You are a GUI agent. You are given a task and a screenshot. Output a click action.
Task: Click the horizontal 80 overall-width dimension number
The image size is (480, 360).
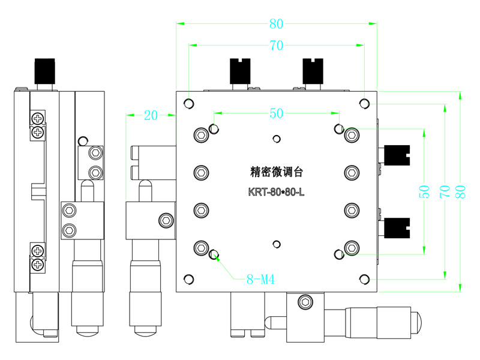(x=276, y=24)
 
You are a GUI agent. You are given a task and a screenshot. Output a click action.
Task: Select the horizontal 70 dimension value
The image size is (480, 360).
(x=276, y=46)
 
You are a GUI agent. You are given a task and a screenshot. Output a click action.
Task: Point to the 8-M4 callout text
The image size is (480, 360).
(x=260, y=279)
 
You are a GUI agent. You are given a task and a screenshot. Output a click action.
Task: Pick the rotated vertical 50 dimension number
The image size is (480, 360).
(x=425, y=191)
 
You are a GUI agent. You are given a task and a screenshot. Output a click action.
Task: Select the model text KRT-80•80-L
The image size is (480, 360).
(x=276, y=193)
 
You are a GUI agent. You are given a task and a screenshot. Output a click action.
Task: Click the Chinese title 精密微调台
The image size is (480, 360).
(x=276, y=172)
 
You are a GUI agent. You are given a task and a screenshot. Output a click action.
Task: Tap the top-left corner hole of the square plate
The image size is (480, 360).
(x=189, y=103)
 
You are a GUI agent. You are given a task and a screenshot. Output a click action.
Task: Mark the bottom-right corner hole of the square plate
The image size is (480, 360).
(x=364, y=279)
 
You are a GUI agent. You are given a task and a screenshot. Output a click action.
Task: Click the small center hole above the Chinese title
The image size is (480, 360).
(x=276, y=139)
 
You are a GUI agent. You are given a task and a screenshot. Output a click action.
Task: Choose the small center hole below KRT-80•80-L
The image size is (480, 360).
(x=276, y=244)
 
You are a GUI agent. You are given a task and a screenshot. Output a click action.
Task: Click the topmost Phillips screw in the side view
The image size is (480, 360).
(x=38, y=117)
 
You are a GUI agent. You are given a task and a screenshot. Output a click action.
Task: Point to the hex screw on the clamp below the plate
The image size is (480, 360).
(x=307, y=302)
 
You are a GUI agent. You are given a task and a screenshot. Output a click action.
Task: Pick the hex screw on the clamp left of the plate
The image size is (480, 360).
(x=165, y=220)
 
